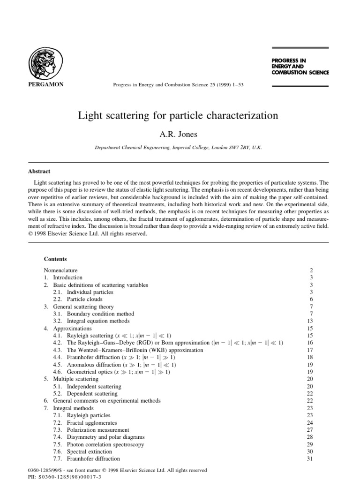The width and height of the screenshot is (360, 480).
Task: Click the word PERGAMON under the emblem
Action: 46,84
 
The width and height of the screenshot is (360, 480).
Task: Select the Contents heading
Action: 55,259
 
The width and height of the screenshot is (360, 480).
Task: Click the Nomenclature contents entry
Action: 60,270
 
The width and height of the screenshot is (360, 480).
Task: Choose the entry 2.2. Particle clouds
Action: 77,299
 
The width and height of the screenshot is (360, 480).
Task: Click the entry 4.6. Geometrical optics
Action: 112,372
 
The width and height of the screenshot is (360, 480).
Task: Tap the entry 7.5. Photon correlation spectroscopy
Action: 98,444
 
